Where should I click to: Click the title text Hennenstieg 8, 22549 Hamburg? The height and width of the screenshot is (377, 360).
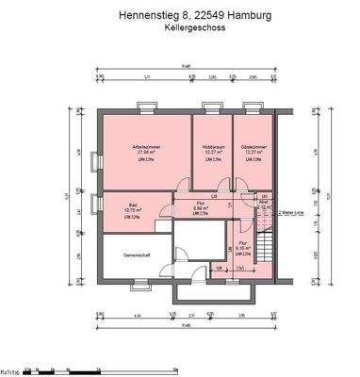pos(180,14)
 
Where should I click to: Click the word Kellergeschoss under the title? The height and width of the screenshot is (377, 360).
pos(180,28)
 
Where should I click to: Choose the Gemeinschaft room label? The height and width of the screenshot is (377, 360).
pos(125,255)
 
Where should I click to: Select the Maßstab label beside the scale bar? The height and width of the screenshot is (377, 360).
pos(10,370)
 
